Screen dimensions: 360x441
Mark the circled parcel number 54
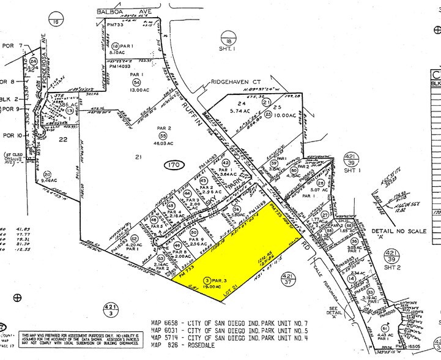pos(136,82)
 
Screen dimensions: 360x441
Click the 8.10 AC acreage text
pos(118,53)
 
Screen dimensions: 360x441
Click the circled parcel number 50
pos(294,171)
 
